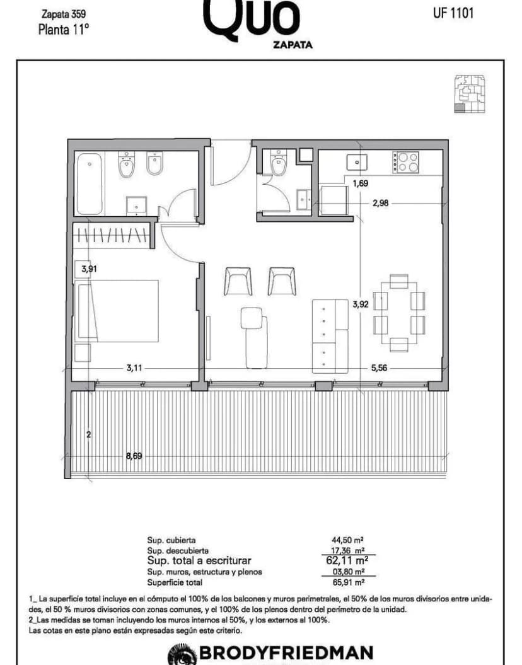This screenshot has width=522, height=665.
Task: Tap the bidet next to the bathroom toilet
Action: (x=155, y=165)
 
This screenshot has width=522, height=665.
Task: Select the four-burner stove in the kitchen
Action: (x=405, y=162)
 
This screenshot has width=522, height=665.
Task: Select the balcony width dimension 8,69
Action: (x=133, y=456)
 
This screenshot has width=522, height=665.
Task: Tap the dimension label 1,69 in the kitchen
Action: (x=360, y=184)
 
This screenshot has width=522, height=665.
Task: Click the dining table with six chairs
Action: (x=399, y=313)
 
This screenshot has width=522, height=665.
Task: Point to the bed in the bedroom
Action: (x=118, y=311)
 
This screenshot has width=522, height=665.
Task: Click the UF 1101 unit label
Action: (x=453, y=13)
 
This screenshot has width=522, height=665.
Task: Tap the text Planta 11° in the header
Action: (x=64, y=30)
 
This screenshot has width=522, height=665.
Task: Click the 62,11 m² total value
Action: (x=345, y=560)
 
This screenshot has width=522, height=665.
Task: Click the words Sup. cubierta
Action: (x=171, y=540)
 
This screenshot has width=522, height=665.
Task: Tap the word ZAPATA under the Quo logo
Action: (x=293, y=45)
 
